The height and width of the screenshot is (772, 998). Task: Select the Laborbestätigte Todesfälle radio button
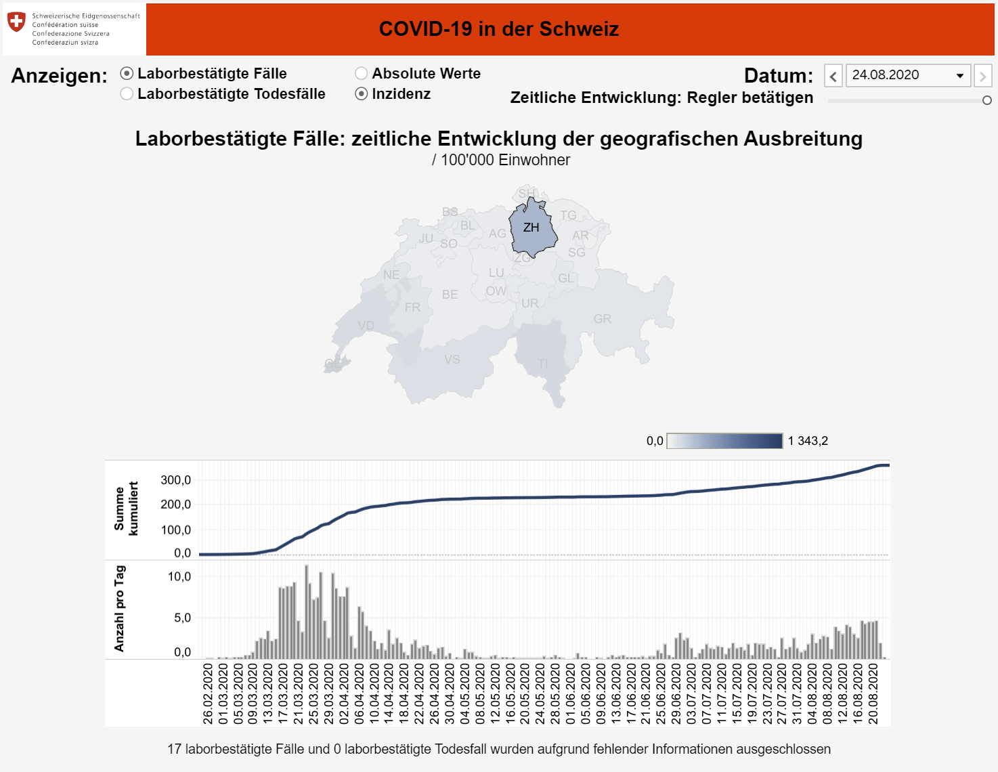(x=127, y=94)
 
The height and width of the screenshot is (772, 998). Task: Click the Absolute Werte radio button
(x=362, y=73)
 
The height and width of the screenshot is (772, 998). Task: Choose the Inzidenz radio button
(x=362, y=94)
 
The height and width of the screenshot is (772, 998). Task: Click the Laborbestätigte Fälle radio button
(x=127, y=73)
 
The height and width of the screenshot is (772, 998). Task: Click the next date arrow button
(x=983, y=76)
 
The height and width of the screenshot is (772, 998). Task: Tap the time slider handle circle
(x=987, y=100)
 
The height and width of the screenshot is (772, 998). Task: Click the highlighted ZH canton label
(x=531, y=228)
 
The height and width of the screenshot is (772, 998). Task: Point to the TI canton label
(x=543, y=364)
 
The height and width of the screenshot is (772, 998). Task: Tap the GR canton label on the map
(x=603, y=319)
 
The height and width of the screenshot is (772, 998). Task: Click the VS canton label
(x=452, y=360)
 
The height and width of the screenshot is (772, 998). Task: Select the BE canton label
(x=450, y=295)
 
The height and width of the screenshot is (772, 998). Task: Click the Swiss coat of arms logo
(x=16, y=22)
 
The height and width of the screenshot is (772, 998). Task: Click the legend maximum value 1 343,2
(x=808, y=441)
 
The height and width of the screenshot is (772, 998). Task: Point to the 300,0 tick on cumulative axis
(x=175, y=480)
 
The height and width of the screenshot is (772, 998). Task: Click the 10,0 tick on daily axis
(x=179, y=577)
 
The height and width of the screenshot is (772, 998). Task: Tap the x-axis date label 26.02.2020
(x=208, y=693)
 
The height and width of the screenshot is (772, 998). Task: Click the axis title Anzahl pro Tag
(x=120, y=608)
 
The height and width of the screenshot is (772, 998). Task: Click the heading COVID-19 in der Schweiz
(x=499, y=29)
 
